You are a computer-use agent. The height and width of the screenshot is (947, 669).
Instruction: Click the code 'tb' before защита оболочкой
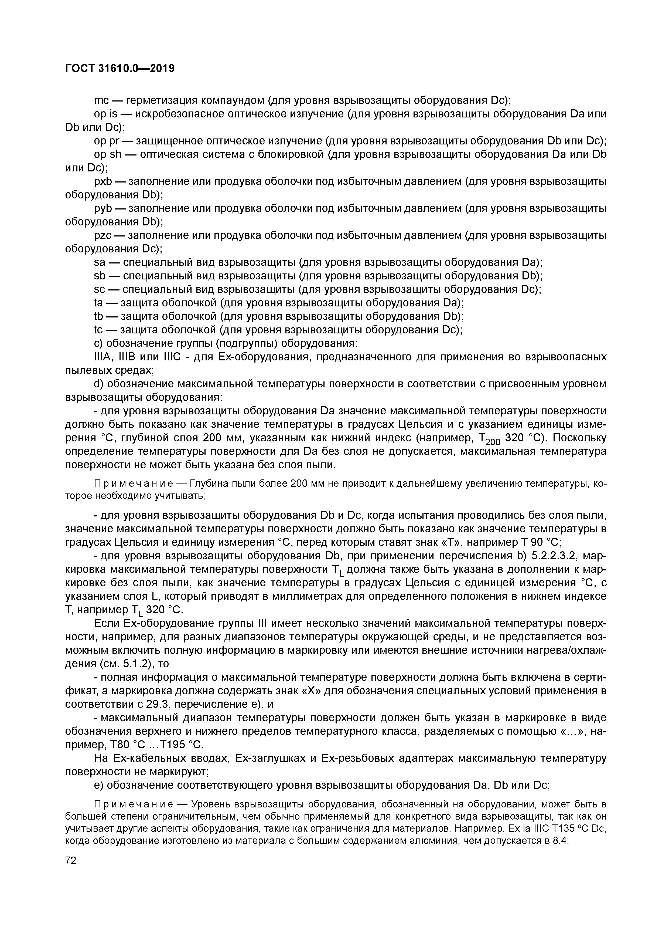[x=98, y=316]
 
